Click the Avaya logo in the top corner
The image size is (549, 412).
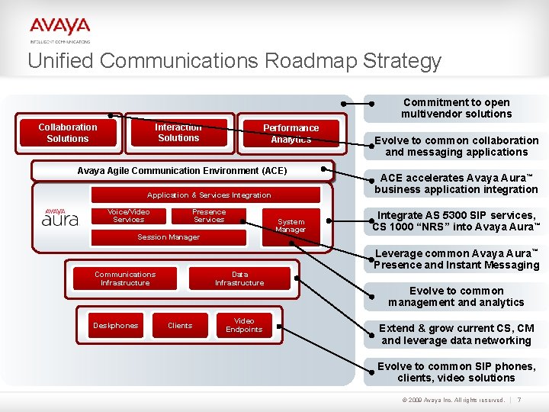[x=60, y=29]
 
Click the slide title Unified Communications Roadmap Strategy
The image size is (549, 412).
[x=234, y=61]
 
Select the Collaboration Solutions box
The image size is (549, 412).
[x=68, y=133]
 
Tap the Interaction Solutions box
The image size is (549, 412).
[x=178, y=133]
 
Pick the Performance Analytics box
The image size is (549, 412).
[x=291, y=134]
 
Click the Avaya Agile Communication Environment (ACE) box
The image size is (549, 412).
[x=182, y=171]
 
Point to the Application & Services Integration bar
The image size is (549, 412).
[x=208, y=195]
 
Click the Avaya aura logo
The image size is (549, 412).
[x=60, y=218]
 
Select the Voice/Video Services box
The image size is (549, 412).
[x=128, y=216]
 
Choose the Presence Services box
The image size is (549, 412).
[x=209, y=216]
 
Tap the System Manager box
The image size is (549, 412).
[x=291, y=226]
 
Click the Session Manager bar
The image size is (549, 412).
[x=169, y=237]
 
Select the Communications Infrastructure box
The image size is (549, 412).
[x=125, y=278]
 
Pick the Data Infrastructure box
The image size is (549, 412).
[x=239, y=278]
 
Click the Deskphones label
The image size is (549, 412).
[x=116, y=326]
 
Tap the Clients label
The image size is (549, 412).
[x=180, y=326]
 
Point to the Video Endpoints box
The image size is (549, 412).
[x=244, y=326]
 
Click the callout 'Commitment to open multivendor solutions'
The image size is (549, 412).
[x=457, y=108]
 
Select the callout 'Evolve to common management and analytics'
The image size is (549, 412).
[x=456, y=297]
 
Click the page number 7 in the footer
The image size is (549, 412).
[x=519, y=400]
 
